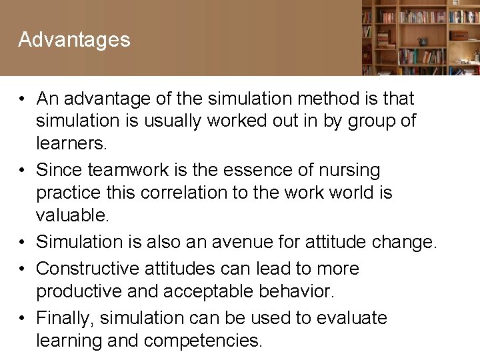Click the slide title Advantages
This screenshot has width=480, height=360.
point(74,40)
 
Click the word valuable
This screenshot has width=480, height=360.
point(73,215)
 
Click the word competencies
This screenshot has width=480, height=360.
point(203,341)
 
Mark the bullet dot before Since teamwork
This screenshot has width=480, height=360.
point(23,170)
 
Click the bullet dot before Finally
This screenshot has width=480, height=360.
point(23,318)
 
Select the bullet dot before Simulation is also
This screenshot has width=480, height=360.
point(23,241)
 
